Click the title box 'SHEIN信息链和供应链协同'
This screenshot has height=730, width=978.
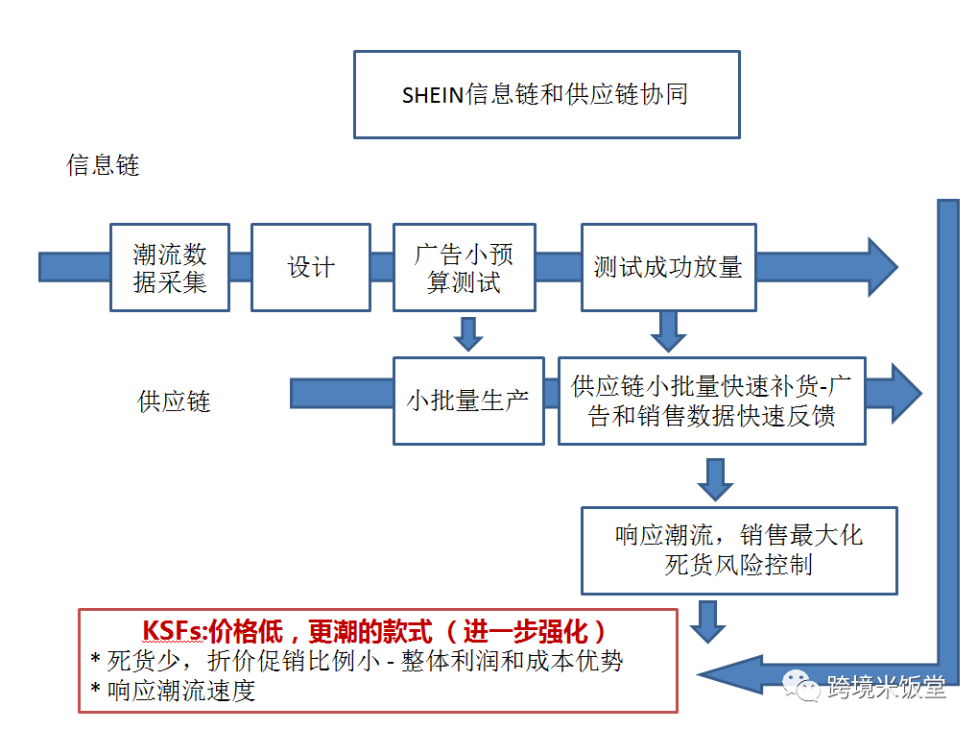pyautogui.click(x=546, y=94)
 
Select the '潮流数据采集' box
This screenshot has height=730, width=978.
pyautogui.click(x=170, y=267)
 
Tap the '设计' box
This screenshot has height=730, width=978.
pyautogui.click(x=311, y=267)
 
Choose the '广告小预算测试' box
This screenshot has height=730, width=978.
pyautogui.click(x=465, y=267)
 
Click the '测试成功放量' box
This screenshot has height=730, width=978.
pyautogui.click(x=668, y=267)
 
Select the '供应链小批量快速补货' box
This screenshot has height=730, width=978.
pyautogui.click(x=711, y=400)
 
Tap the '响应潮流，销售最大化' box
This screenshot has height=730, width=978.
pyautogui.click(x=739, y=550)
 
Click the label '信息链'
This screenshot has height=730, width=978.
pyautogui.click(x=103, y=165)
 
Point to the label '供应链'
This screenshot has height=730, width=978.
pyautogui.click(x=174, y=401)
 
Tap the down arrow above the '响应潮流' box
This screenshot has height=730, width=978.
pyautogui.click(x=715, y=478)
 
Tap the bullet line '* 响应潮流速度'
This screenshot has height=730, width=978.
pyautogui.click(x=174, y=691)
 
